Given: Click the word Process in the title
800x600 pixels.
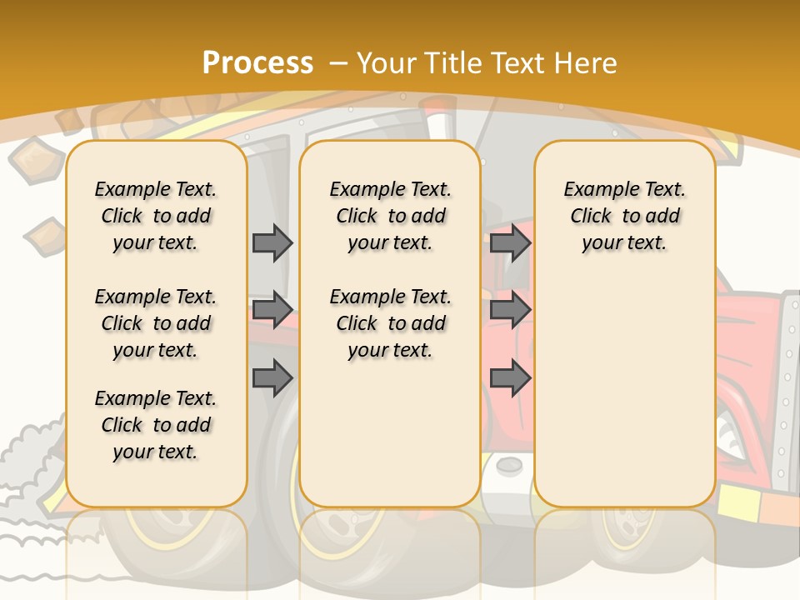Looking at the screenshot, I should coord(257,62).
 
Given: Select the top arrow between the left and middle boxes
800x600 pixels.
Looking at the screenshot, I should coord(272,242).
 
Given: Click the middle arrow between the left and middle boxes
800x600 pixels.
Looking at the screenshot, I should coord(272,310).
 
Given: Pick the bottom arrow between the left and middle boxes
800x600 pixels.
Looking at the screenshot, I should coord(272,379).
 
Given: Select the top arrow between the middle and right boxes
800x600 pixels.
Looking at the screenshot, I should coord(510,242).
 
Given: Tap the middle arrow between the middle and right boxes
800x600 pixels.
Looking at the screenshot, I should coord(510,310).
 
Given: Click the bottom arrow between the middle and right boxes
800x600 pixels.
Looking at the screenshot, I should coord(510,379).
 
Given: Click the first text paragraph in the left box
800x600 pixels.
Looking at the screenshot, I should coord(156,216).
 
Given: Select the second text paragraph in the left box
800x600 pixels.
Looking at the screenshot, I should coord(156,323).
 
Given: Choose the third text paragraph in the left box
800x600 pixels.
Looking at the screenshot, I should coord(156,425).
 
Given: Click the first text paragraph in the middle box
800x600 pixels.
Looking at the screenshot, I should coord(390,216).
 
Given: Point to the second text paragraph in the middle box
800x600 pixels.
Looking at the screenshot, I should coord(390,323).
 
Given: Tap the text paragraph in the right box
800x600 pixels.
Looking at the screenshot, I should coord(624,216).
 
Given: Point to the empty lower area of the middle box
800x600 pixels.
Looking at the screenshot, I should coord(390,433).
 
